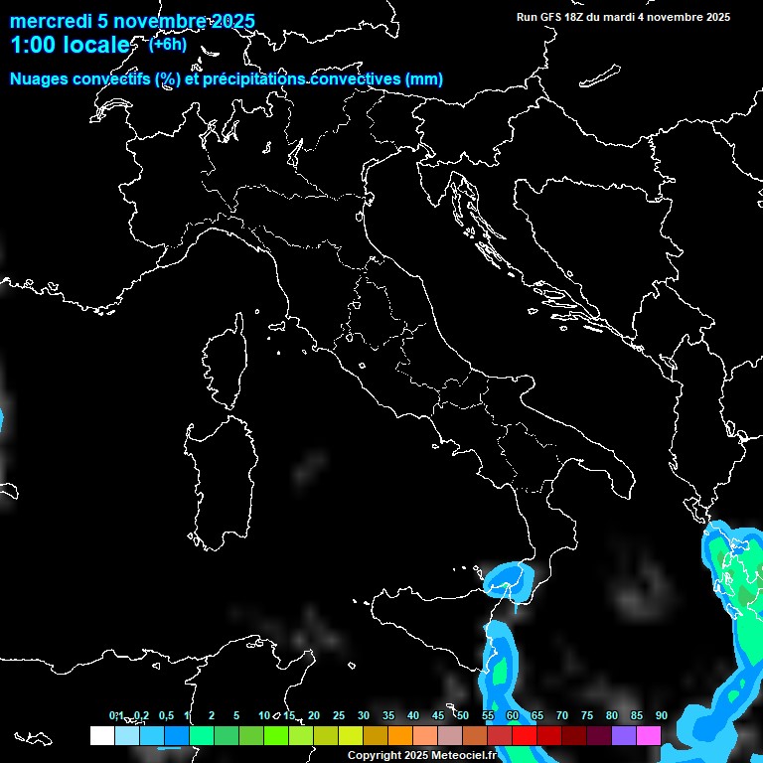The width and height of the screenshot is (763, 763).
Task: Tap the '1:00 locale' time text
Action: (70, 46)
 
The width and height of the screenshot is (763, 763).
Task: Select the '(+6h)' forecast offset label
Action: (167, 44)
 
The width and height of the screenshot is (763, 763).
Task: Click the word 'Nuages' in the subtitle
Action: (41, 79)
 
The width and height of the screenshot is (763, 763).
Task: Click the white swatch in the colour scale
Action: (101, 735)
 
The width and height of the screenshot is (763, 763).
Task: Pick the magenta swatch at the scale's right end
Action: (649, 735)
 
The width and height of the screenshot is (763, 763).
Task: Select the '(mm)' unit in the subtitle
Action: (424, 79)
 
